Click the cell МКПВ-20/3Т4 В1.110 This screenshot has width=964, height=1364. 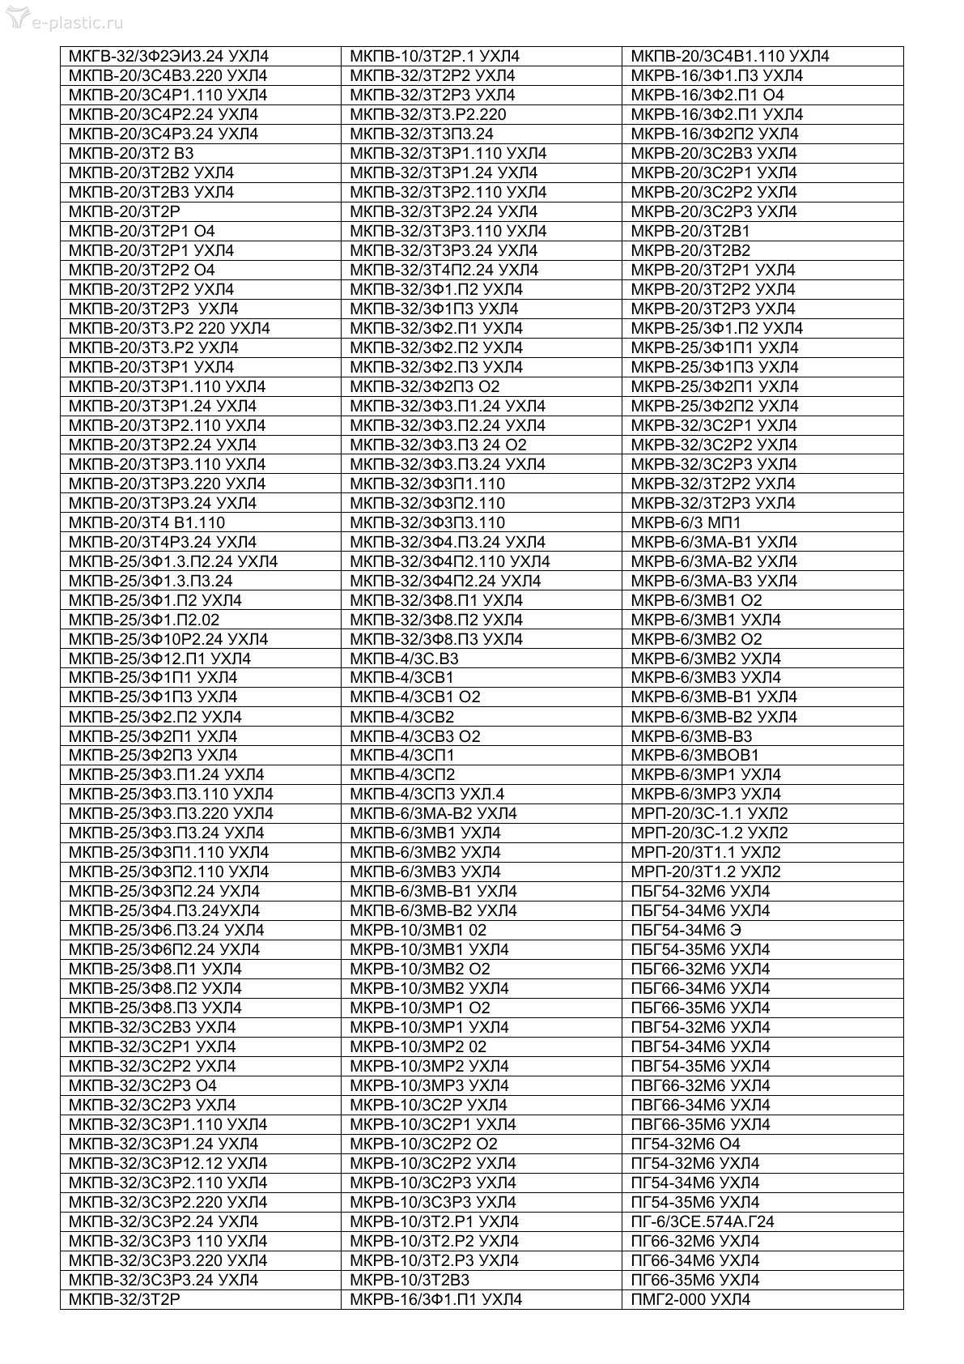tap(147, 522)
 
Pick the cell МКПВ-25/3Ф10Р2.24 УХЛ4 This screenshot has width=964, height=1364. tap(168, 639)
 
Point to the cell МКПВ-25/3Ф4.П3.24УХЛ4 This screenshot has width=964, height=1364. tap(164, 910)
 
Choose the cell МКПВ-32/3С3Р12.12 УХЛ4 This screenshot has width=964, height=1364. tap(168, 1163)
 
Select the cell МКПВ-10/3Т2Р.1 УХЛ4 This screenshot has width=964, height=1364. tap(434, 57)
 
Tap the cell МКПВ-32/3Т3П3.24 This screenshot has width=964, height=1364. tap(421, 134)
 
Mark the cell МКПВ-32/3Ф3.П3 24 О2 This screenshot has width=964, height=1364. tap(438, 445)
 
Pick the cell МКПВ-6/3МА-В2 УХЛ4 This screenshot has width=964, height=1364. tap(433, 813)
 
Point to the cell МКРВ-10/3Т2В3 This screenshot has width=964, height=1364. tap(409, 1280)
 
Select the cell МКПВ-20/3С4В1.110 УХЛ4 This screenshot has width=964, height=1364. tap(729, 57)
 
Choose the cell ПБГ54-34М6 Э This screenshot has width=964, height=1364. tap(686, 930)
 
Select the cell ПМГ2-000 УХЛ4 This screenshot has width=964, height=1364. tap(690, 1299)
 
